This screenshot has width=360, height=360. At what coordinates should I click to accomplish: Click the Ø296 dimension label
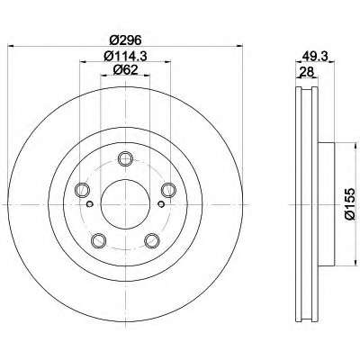[x=125, y=40]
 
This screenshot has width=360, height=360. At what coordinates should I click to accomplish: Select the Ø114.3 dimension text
[x=125, y=56]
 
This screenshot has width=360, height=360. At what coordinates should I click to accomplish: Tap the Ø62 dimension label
[x=125, y=70]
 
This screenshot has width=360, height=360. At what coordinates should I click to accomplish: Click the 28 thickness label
[x=306, y=72]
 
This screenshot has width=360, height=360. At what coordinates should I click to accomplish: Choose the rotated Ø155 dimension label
[x=350, y=204]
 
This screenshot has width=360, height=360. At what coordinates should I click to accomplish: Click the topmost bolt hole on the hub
[x=125, y=158]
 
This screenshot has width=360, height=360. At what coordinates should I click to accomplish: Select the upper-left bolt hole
[x=82, y=190]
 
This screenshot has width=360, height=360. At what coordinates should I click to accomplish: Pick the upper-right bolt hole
[x=168, y=190]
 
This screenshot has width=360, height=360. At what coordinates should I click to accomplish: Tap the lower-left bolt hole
[x=98, y=240]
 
